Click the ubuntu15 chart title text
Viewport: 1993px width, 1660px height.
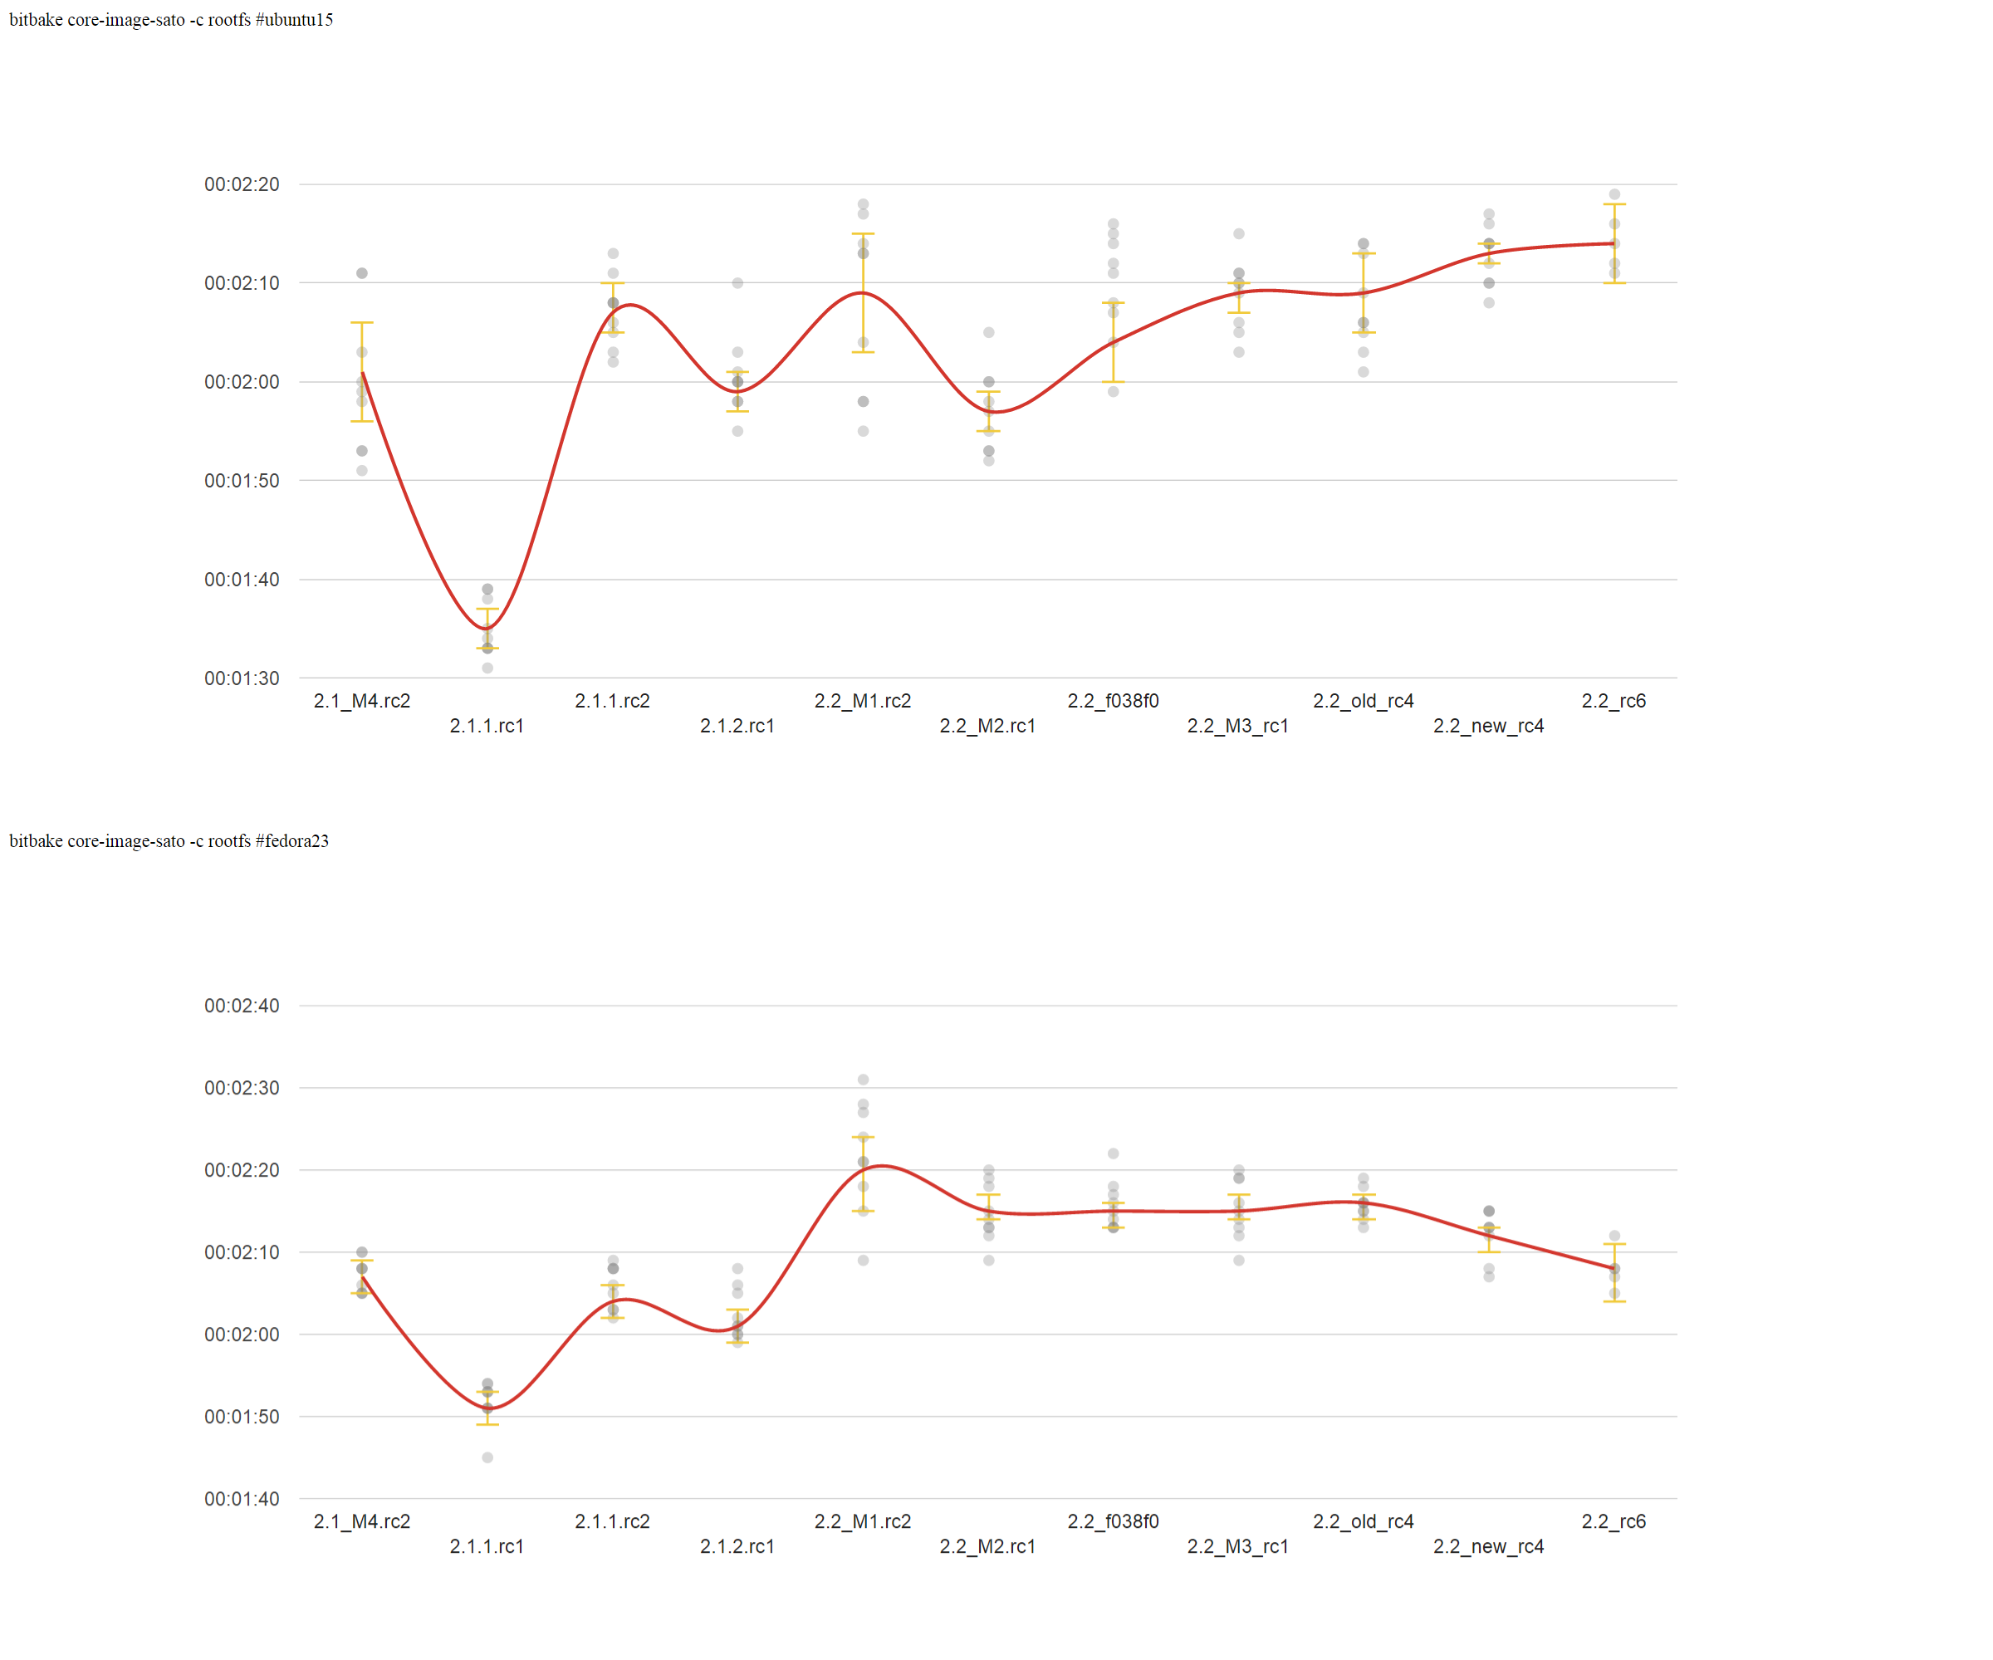click(x=171, y=20)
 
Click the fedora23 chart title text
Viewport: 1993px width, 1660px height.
click(x=169, y=841)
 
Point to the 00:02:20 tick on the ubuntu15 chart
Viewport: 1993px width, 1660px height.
click(x=242, y=184)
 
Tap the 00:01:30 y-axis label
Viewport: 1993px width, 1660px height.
click(x=242, y=678)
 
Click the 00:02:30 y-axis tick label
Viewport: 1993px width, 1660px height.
click(x=242, y=1089)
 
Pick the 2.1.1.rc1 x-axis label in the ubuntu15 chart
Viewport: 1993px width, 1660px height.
click(x=487, y=726)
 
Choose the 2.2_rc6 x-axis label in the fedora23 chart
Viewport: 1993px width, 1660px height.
click(x=1613, y=1521)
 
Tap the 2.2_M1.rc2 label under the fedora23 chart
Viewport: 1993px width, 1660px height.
click(x=863, y=1521)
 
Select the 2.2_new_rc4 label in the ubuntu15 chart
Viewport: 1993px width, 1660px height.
click(x=1488, y=726)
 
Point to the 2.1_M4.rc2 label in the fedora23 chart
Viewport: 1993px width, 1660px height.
click(x=361, y=1521)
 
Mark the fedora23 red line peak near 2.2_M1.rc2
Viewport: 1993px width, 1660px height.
click(x=882, y=1166)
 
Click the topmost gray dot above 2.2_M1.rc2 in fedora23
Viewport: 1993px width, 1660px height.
click(x=864, y=1080)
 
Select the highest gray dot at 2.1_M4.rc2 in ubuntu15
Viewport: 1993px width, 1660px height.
click(x=361, y=273)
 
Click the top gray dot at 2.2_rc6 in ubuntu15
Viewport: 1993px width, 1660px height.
click(x=1614, y=194)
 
